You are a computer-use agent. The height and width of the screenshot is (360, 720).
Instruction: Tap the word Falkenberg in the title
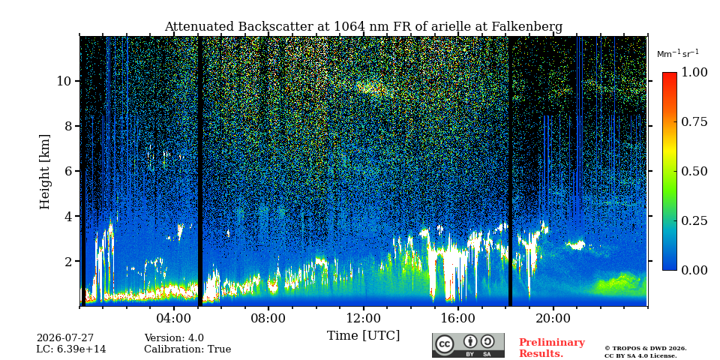tap(527, 27)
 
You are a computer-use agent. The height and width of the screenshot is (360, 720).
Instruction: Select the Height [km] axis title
tap(44, 172)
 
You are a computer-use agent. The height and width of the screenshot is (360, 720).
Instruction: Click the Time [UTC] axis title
tap(363, 336)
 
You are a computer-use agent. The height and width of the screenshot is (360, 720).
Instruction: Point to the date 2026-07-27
tap(65, 338)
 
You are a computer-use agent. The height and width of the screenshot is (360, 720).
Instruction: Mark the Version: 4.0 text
tap(174, 338)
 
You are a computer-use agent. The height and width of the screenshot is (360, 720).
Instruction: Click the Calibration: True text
tap(187, 349)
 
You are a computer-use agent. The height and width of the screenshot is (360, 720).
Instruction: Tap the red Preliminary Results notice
tap(552, 348)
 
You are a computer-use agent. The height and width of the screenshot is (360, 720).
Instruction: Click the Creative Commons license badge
tap(468, 345)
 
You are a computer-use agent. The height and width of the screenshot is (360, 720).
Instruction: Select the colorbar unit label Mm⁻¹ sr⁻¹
tap(678, 54)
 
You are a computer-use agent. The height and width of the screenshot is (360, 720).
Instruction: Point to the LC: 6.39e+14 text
tap(71, 349)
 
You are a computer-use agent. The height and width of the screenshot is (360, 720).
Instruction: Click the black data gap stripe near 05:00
tap(200, 171)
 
